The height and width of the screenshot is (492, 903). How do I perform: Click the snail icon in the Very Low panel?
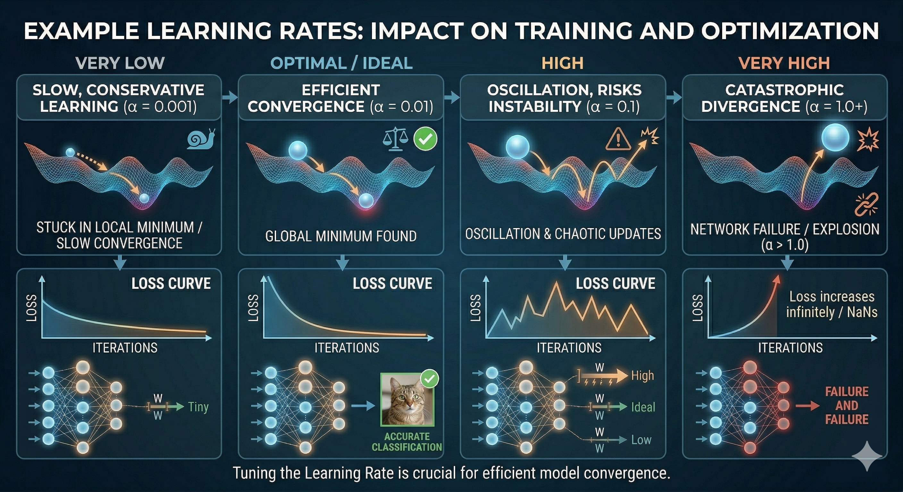tap(201, 139)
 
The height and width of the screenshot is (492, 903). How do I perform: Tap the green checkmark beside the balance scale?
tap(425, 140)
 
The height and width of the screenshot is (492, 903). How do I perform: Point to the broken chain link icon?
tap(866, 204)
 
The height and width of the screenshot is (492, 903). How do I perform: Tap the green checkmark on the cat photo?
tap(430, 379)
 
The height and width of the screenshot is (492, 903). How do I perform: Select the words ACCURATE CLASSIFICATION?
tap(407, 442)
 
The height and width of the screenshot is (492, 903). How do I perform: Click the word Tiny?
tap(198, 407)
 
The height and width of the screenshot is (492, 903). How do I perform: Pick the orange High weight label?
tap(643, 375)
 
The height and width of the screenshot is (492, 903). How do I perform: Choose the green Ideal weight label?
tap(643, 407)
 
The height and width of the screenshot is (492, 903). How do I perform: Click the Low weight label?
tap(641, 440)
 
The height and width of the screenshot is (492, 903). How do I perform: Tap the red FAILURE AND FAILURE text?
tap(847, 406)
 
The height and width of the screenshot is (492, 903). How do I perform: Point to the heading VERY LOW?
tap(120, 63)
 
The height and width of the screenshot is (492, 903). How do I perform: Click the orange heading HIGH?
tap(563, 63)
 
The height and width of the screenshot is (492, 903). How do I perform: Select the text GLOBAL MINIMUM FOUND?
tap(341, 236)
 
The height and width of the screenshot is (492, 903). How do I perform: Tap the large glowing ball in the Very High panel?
tap(835, 137)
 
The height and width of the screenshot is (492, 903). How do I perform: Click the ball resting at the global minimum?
tap(366, 201)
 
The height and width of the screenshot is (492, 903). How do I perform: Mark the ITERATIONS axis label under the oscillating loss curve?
tap(569, 348)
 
